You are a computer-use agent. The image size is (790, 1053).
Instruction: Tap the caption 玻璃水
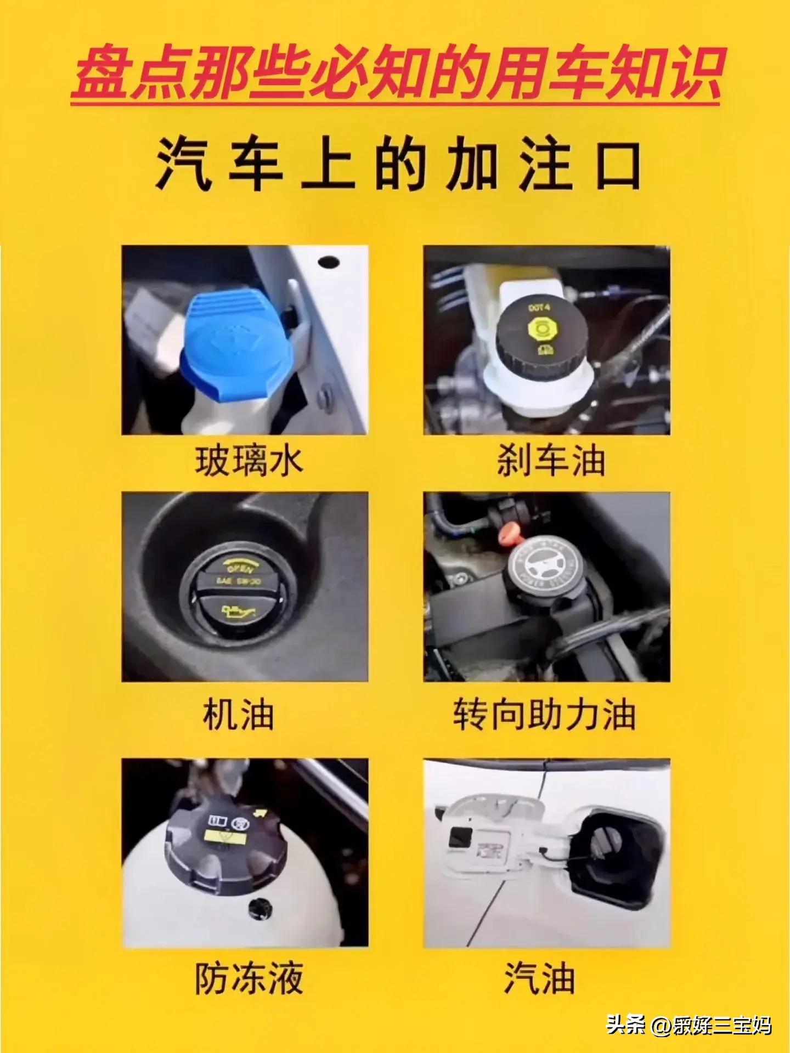coord(249,461)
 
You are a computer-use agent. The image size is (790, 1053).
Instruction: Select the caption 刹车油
coord(551,461)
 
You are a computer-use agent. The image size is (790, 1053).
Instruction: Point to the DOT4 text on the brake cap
coord(539,308)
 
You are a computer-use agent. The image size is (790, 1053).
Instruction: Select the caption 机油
coord(238,715)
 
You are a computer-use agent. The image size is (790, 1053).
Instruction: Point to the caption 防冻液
coord(249,978)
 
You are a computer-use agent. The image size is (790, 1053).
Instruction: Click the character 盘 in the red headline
coord(101,74)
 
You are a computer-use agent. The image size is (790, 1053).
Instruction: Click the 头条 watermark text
coord(625,1024)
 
